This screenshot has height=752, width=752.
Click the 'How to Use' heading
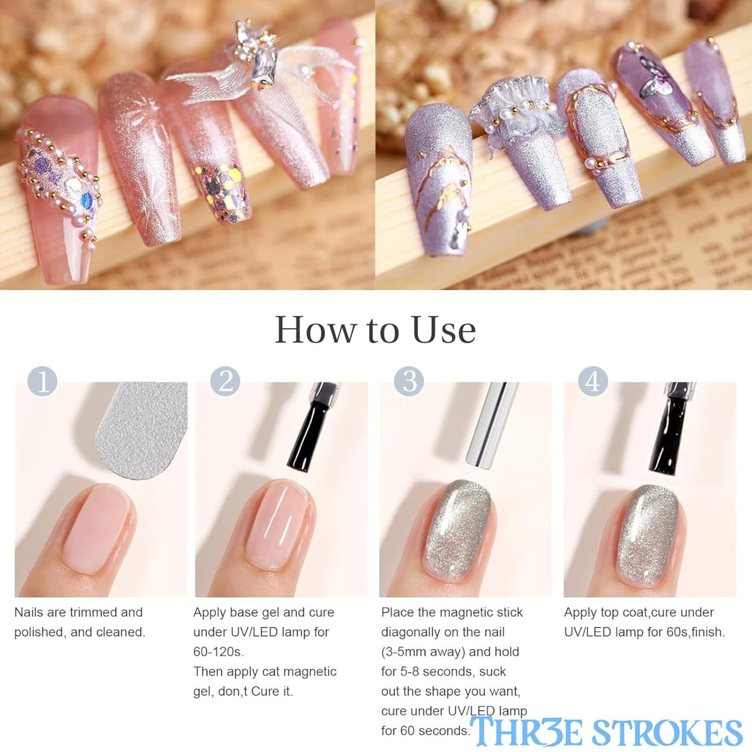coord(375,330)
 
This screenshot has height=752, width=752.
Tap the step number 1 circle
coord(42,381)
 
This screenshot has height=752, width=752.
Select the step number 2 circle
coord(225,381)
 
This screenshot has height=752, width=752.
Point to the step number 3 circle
coord(409,381)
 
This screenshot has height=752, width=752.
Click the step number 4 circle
coord(593,381)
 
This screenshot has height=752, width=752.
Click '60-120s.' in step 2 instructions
coord(218,652)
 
